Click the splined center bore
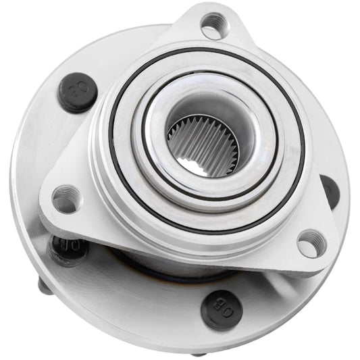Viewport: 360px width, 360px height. pyautogui.click(x=201, y=143)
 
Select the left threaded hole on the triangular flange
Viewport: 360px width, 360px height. pyautogui.click(x=66, y=199)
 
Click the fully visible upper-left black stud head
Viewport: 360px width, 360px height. pyautogui.click(x=76, y=93)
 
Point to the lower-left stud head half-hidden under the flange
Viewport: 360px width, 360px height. pyautogui.click(x=68, y=248)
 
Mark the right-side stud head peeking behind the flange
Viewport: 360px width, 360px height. pyautogui.click(x=330, y=189)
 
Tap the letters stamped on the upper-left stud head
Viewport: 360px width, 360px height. pyautogui.click(x=76, y=93)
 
